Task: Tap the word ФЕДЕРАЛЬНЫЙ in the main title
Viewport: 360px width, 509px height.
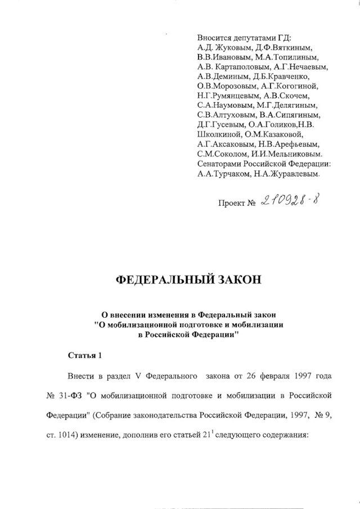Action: click(155, 280)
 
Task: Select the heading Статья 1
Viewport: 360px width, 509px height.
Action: click(85, 355)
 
